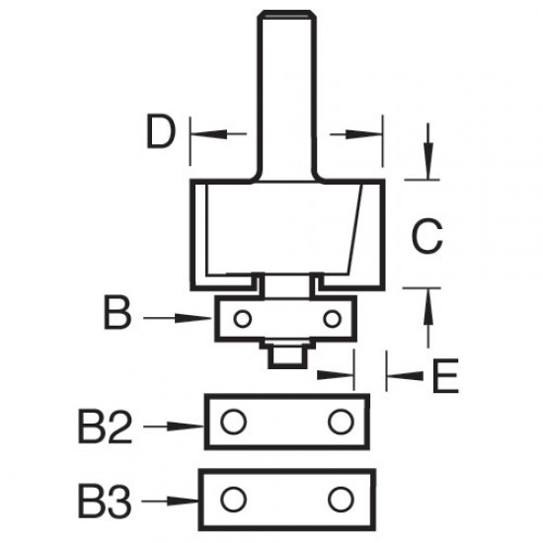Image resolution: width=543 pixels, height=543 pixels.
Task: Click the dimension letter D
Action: pos(159,133)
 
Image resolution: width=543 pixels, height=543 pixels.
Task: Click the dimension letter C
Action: pos(426,236)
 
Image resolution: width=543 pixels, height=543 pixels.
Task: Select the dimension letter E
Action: pos(445,375)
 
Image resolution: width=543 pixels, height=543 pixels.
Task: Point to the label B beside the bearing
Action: pos(116,319)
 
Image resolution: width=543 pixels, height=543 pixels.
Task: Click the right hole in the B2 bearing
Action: pos(342,422)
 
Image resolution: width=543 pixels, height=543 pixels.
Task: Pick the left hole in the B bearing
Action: pos(242,318)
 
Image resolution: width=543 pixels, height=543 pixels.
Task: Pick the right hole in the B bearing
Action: pos(333,318)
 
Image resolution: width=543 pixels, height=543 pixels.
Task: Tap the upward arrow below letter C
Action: pos(427,314)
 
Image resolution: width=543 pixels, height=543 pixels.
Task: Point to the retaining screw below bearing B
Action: pos(286,350)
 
